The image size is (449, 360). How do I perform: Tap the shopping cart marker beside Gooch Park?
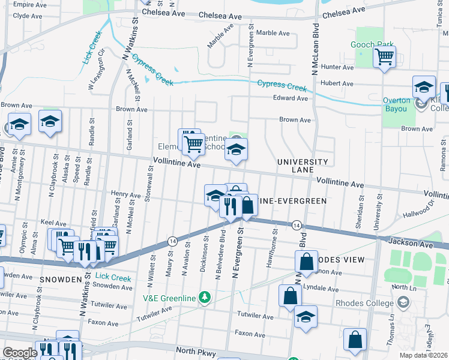click(x=384, y=58)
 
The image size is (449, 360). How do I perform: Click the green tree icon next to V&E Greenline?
click(x=205, y=297)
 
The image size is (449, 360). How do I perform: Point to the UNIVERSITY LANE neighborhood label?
click(x=303, y=166)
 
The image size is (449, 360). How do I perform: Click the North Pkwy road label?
click(x=195, y=350)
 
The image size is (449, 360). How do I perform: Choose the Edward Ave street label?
click(x=290, y=98)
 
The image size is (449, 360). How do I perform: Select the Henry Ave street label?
click(x=126, y=194)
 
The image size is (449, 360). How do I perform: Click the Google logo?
click(x=19, y=353)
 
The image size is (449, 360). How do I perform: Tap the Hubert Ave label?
click(x=337, y=83)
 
